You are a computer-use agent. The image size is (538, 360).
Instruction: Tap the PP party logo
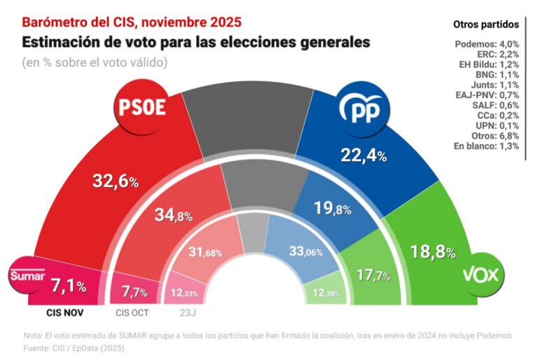[363, 109]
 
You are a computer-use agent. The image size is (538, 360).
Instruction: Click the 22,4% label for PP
[363, 155]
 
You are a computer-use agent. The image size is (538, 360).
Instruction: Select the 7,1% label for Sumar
[69, 286]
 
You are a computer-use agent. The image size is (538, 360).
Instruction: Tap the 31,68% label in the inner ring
[205, 252]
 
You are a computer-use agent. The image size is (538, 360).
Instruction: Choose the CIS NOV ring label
[67, 312]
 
